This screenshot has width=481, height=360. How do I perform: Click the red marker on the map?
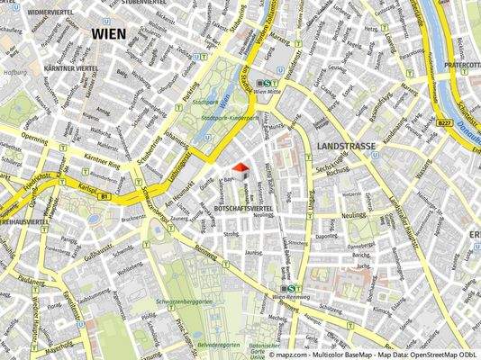[x=240, y=166]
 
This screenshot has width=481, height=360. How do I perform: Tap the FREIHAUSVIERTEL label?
[x=23, y=220]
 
